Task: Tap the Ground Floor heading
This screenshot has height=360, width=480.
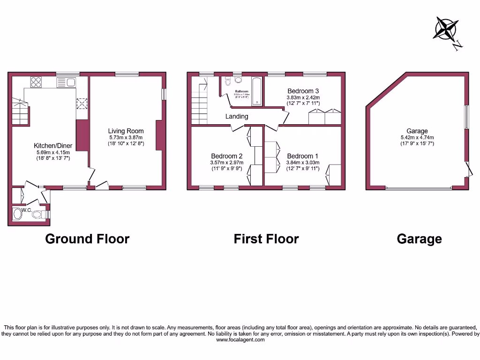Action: [x=87, y=239]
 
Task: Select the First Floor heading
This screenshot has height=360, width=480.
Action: [x=266, y=239]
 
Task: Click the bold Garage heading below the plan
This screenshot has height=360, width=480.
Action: [x=419, y=239]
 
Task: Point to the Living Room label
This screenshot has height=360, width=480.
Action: [x=126, y=131]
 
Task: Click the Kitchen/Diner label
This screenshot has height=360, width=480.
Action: [x=53, y=146]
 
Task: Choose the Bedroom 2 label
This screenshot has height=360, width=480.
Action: [x=226, y=156]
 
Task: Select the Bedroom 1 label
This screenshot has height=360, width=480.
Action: [x=303, y=156]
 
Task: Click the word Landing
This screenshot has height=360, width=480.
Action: [x=237, y=116]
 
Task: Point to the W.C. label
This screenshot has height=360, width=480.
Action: [x=26, y=210]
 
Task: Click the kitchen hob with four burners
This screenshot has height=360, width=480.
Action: [x=36, y=82]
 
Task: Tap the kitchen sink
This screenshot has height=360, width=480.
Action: [x=66, y=82]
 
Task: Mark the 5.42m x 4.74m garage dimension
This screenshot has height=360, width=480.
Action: [x=417, y=137]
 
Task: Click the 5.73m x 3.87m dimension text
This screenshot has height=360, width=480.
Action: [x=126, y=137]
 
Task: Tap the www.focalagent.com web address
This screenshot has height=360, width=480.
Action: [x=240, y=340]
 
